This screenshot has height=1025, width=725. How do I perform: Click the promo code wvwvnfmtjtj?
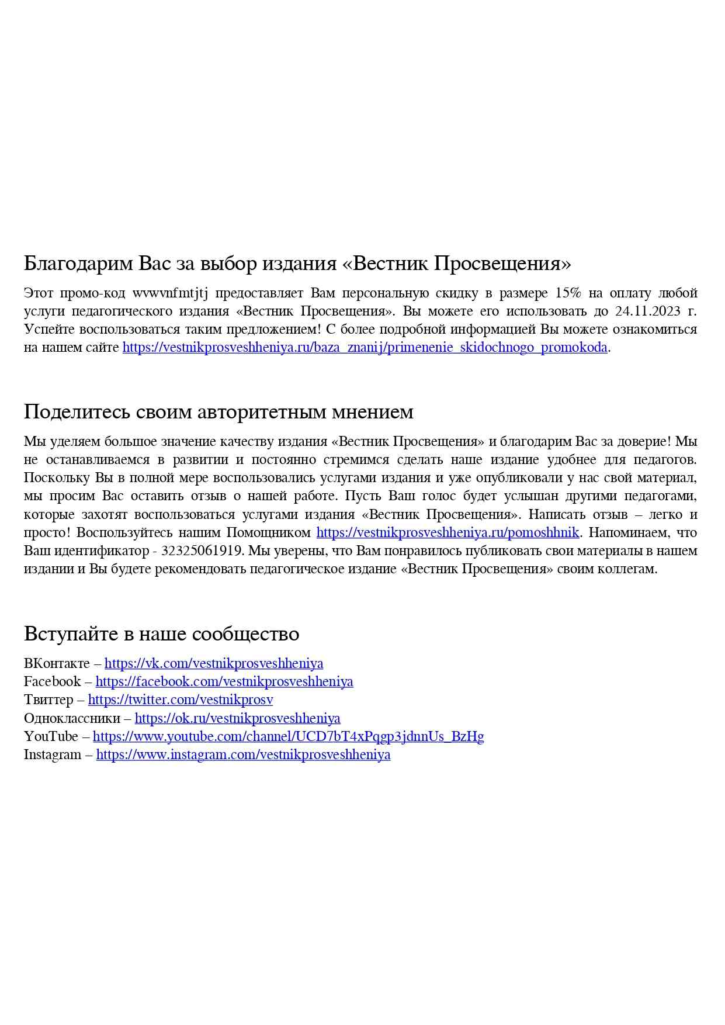pos(170,293)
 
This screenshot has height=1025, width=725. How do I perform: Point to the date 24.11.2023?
pos(648,311)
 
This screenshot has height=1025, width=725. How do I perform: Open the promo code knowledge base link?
pos(365,348)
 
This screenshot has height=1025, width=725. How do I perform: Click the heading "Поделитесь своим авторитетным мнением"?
pos(218,412)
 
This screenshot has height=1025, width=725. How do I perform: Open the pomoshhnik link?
pos(448,533)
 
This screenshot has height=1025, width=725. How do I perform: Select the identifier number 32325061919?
pos(202,551)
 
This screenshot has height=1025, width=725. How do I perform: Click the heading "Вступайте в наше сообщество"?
pos(161,634)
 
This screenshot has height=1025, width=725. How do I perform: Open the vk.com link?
pos(214,664)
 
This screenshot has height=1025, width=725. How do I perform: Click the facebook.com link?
pos(224,682)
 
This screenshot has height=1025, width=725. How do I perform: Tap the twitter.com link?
pos(181,700)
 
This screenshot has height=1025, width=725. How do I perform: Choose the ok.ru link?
pos(237,719)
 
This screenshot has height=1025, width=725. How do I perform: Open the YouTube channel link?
pos(288,737)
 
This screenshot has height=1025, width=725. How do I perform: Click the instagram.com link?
pos(243,755)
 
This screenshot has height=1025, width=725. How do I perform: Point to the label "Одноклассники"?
pos(72,719)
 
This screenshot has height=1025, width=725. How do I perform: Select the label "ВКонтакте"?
pos(57,664)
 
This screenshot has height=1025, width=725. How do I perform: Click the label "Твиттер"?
pos(48,700)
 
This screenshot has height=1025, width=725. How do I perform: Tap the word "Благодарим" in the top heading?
pos(78,264)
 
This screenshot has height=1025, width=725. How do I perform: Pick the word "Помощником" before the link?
pos(268,533)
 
